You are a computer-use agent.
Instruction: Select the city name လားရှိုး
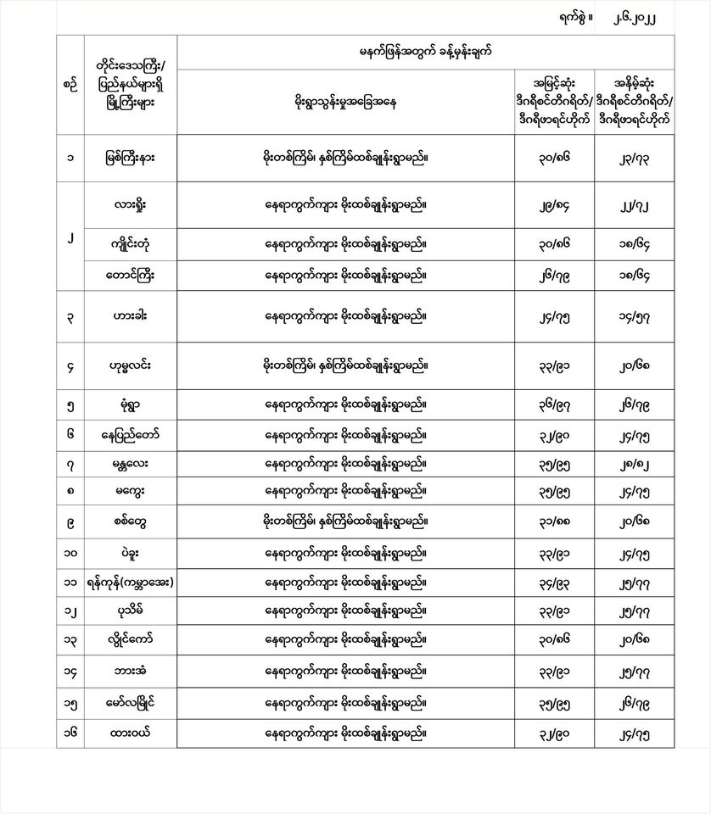point(131,204)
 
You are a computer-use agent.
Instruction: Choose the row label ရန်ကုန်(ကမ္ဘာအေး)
point(131,583)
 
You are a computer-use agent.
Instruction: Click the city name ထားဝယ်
point(131,732)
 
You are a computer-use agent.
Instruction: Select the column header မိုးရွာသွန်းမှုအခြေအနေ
point(345,103)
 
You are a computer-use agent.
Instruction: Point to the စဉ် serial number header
point(70,84)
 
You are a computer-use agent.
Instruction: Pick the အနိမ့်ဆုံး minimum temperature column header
point(645,102)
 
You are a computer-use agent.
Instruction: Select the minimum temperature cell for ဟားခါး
point(645,316)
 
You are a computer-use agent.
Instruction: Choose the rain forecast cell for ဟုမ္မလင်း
point(345,366)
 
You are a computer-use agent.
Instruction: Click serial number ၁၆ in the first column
point(70,732)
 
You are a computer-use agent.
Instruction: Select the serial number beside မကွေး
point(70,490)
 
